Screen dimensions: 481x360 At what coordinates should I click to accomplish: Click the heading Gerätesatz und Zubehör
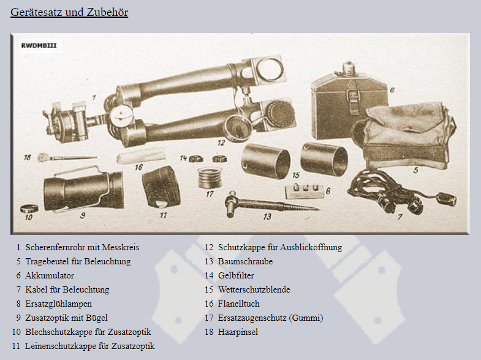pos(69,12)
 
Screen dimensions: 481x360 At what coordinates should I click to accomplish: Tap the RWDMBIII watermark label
pos(39,45)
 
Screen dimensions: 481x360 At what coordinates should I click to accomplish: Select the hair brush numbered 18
pos(67,158)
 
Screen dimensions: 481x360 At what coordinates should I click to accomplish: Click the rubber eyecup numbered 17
pos(210,178)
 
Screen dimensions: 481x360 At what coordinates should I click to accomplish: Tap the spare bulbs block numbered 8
pos(305,191)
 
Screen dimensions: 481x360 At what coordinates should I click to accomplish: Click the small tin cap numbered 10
pos(29,209)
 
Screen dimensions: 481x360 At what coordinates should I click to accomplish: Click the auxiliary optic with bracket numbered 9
pos(83,189)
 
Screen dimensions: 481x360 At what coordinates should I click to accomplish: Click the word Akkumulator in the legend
pos(50,275)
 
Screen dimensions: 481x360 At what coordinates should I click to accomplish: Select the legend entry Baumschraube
pos(246,261)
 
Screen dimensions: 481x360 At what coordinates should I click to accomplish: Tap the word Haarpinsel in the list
pos(238,332)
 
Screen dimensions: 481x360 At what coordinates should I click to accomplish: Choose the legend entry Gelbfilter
pos(236,275)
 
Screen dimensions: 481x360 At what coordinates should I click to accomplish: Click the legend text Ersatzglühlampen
pos(59,304)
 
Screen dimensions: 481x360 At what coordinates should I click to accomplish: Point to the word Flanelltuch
pos(238,304)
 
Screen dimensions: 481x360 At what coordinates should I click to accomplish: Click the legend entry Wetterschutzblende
pos(254,289)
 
